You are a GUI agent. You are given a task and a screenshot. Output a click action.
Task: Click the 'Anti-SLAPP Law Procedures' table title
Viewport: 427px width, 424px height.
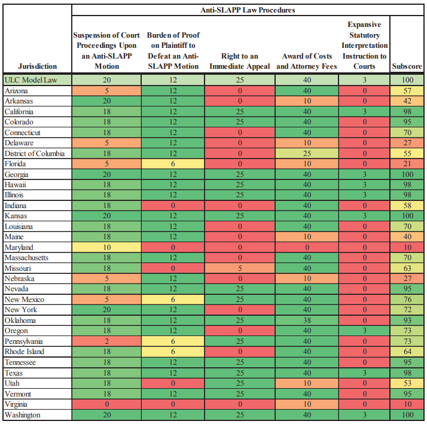[x=247, y=10]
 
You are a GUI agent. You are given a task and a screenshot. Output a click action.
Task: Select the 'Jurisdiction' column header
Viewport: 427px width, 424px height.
[x=38, y=66]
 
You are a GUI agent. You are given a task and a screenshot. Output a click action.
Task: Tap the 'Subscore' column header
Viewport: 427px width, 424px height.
[x=407, y=66]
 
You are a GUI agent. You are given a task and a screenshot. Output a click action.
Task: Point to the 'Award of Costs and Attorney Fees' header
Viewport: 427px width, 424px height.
[x=307, y=61]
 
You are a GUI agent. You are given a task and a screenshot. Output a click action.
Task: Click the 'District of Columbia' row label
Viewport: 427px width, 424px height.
[x=34, y=153]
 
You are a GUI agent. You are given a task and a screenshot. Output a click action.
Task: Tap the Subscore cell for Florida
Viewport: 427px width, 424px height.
[x=407, y=164]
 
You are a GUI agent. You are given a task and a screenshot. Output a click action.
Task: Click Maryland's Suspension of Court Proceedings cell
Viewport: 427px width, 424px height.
[x=107, y=248]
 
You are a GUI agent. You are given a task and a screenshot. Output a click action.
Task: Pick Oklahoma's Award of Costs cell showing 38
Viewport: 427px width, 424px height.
[x=307, y=321]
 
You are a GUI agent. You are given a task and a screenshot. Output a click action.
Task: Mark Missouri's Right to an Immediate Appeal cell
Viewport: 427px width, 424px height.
[x=239, y=269]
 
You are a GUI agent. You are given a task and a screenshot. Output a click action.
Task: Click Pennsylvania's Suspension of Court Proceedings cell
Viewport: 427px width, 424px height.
[x=107, y=341]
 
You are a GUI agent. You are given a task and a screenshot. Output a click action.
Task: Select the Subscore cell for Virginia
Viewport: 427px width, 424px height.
[x=407, y=404]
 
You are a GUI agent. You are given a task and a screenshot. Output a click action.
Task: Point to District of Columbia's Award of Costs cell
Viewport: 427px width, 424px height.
[x=307, y=153]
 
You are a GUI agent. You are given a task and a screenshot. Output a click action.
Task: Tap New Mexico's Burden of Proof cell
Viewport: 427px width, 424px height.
[x=173, y=300]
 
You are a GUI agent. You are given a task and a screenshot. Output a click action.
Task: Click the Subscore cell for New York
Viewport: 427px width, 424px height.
[x=407, y=310]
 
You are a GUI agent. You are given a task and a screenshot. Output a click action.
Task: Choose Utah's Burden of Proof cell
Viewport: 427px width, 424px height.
[x=173, y=383]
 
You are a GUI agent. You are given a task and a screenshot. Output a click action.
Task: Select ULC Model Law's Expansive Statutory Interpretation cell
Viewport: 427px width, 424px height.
[x=364, y=80]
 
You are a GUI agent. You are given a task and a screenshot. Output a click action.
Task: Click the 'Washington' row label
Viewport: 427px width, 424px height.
[x=23, y=414]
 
